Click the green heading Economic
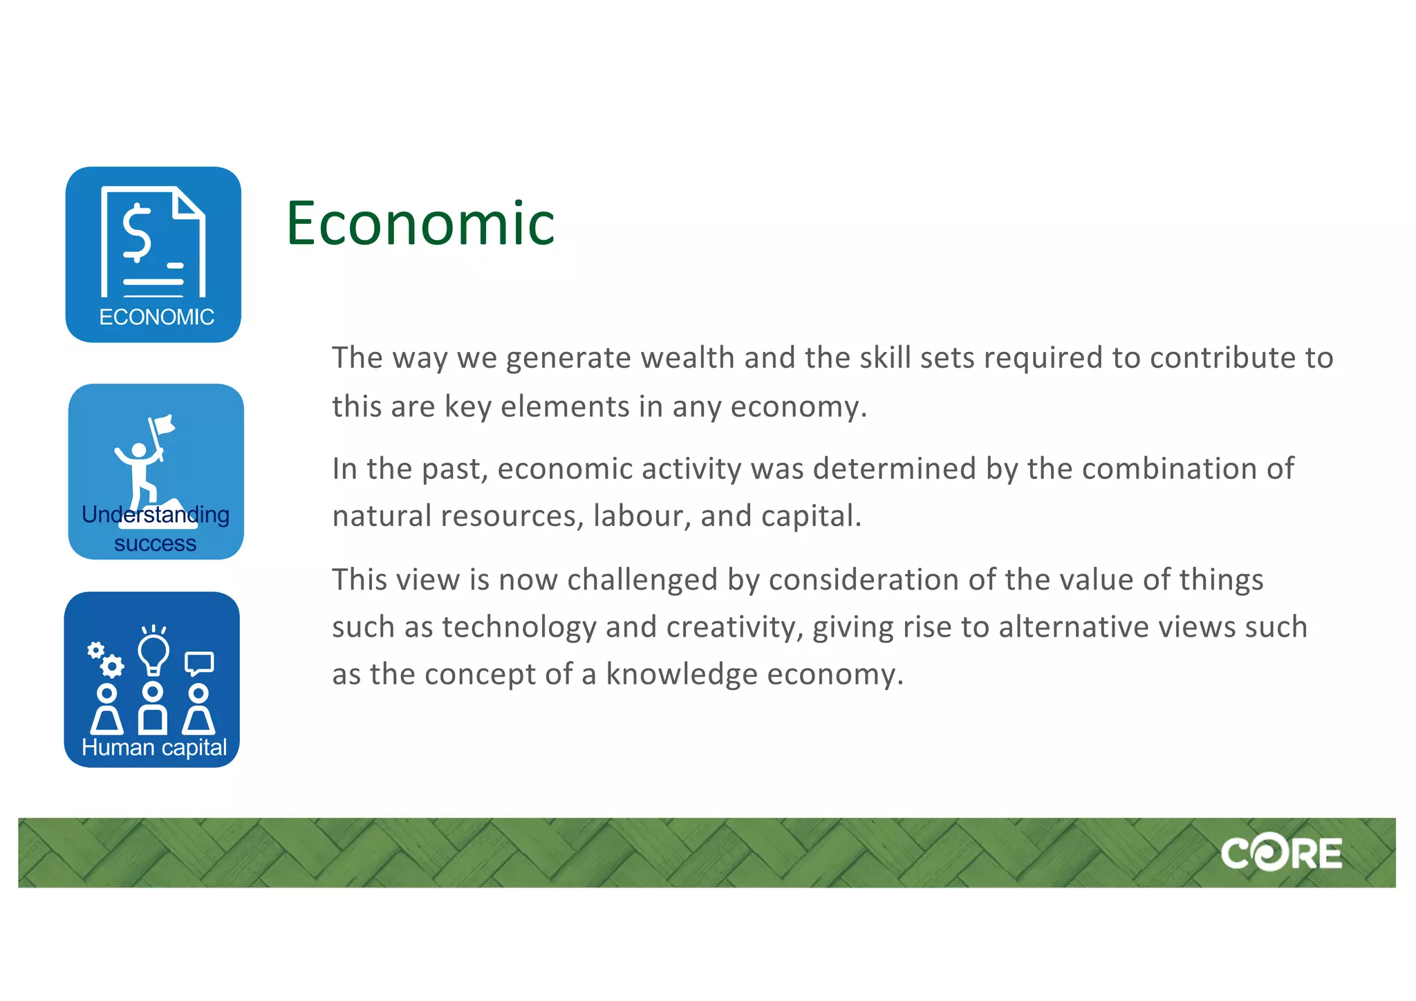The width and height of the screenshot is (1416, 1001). point(420,223)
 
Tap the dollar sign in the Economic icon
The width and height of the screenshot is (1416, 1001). point(137,232)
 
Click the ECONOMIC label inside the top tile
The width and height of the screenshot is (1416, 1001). point(156,317)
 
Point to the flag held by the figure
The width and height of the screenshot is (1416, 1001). point(165,424)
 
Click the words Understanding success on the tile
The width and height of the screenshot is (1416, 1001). point(156,529)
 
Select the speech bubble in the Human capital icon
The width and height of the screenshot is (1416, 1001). point(199,663)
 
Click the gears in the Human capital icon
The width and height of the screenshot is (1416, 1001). point(105,659)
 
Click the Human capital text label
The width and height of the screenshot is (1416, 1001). point(154,747)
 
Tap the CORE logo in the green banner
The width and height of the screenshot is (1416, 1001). point(1281,854)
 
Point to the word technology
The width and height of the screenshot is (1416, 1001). point(519,628)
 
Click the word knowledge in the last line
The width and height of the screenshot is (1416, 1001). point(681,675)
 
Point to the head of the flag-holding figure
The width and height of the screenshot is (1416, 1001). point(139,450)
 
